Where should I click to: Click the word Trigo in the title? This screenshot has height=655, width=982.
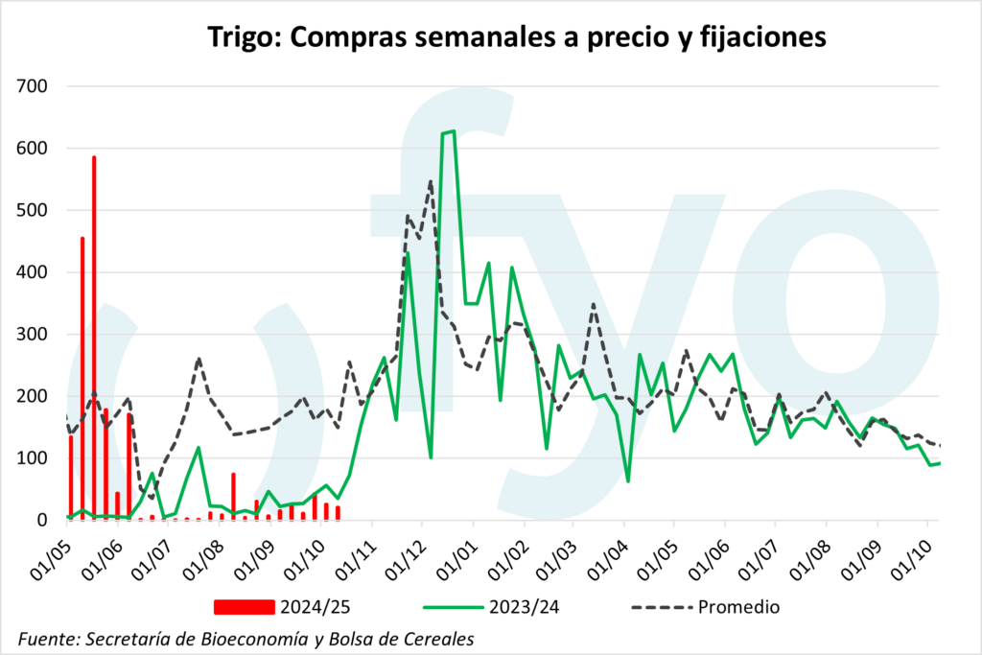(x=241, y=37)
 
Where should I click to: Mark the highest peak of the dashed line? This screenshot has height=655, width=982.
(x=431, y=181)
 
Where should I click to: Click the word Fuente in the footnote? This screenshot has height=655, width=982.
(x=48, y=638)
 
